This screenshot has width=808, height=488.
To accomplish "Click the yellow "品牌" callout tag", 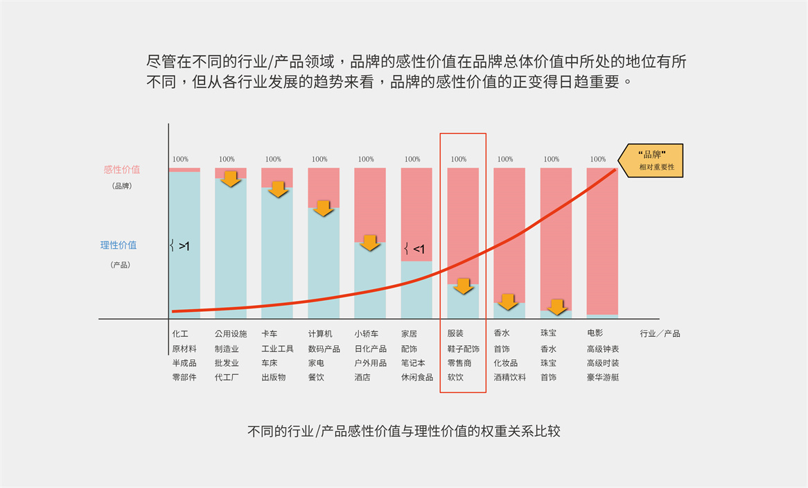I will [x=652, y=160].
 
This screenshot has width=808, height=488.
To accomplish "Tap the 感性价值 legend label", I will [x=121, y=170].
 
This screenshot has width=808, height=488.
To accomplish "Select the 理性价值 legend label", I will [x=118, y=245].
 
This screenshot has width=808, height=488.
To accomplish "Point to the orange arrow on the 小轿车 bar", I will [x=370, y=243].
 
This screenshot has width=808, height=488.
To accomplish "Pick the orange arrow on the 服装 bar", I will [x=463, y=286].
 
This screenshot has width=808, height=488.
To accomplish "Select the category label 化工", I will [x=180, y=333].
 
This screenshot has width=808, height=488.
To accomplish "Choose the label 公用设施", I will [x=231, y=333].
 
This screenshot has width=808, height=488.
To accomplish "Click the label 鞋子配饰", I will [x=464, y=349].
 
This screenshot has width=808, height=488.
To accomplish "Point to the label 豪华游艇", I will [x=603, y=378].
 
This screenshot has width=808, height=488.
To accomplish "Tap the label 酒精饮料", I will [x=510, y=378].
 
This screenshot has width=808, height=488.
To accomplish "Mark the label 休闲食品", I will [x=417, y=378].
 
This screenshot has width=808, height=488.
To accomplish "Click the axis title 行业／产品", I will [x=660, y=333].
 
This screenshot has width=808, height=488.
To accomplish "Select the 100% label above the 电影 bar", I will [x=597, y=159].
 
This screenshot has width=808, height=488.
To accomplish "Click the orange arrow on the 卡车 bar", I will [x=278, y=189].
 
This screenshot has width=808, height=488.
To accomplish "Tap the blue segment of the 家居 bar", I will [x=416, y=290].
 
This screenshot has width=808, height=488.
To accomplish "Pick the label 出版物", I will [x=274, y=378].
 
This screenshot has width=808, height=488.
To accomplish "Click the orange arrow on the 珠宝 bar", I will [x=556, y=306].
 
